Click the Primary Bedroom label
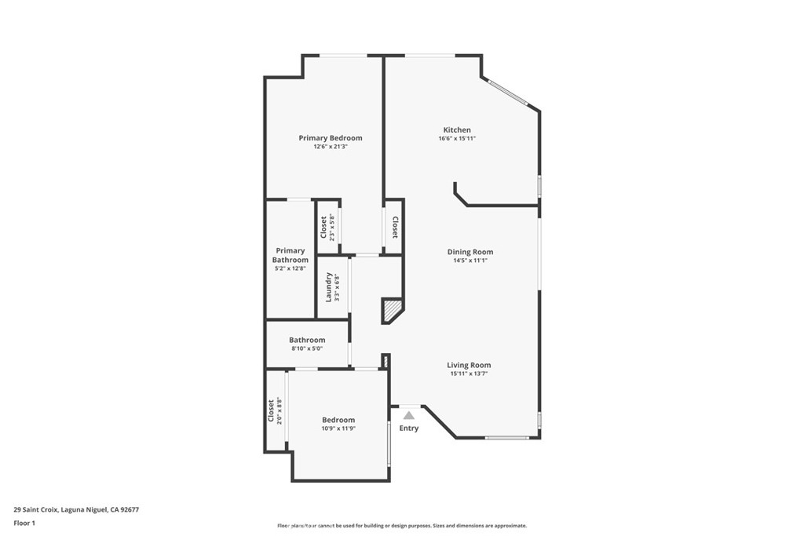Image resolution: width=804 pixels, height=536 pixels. pos(331,138)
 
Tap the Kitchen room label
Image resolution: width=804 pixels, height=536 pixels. pos(457,129)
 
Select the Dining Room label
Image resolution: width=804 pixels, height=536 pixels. pos(470,252)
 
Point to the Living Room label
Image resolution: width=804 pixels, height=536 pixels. pos(469,365)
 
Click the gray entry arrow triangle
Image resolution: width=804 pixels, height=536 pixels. pos(408,416)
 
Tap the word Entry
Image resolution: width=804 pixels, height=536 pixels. pos(408,428)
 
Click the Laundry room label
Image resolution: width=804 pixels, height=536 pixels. pos(328,287)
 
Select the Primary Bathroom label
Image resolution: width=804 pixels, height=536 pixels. pos(291,255)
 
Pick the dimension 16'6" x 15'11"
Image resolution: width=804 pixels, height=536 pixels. pos(457,138)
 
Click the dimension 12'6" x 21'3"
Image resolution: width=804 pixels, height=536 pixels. pos(331,147)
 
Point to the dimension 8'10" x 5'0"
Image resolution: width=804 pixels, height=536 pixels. pos(307,348)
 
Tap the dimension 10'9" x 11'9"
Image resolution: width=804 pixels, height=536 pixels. pos(338,428)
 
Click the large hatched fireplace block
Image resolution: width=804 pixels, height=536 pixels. pos(392,311)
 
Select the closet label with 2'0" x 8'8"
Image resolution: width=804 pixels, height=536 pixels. pos(270,411)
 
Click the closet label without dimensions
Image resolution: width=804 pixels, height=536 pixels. pos(395,227)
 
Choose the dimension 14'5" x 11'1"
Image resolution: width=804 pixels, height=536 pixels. pos(470,261)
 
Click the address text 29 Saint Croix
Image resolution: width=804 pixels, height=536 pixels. pos(36,510)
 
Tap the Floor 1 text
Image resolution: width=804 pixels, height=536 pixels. pos(24,523)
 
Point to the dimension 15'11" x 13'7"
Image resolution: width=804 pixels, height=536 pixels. pos(469,374)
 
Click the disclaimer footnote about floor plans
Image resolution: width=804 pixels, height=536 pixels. pos(402,526)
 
